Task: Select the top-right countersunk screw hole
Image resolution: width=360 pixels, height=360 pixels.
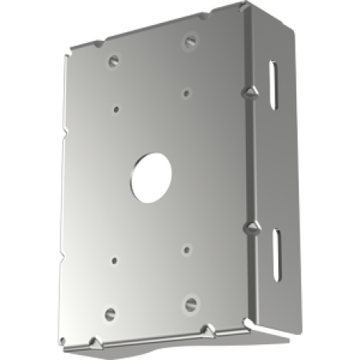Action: [189, 39]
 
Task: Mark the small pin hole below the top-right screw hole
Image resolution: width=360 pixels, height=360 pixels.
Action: [186, 93]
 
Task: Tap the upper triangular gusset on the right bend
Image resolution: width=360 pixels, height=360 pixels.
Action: [251, 92]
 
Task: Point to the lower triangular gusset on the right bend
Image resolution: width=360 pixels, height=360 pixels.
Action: [252, 227]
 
